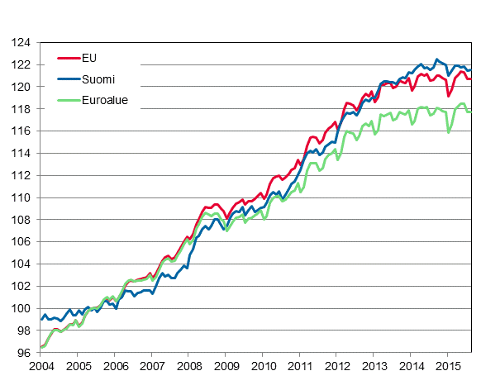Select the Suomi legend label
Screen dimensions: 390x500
tap(98, 79)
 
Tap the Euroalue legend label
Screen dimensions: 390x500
tap(105, 101)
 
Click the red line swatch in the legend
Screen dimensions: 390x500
tap(68, 58)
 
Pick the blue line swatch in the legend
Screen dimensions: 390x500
tap(68, 79)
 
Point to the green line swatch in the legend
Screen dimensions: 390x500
tap(68, 101)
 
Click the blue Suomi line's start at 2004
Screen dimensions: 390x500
tap(41, 319)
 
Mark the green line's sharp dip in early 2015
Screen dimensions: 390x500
tap(449, 131)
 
